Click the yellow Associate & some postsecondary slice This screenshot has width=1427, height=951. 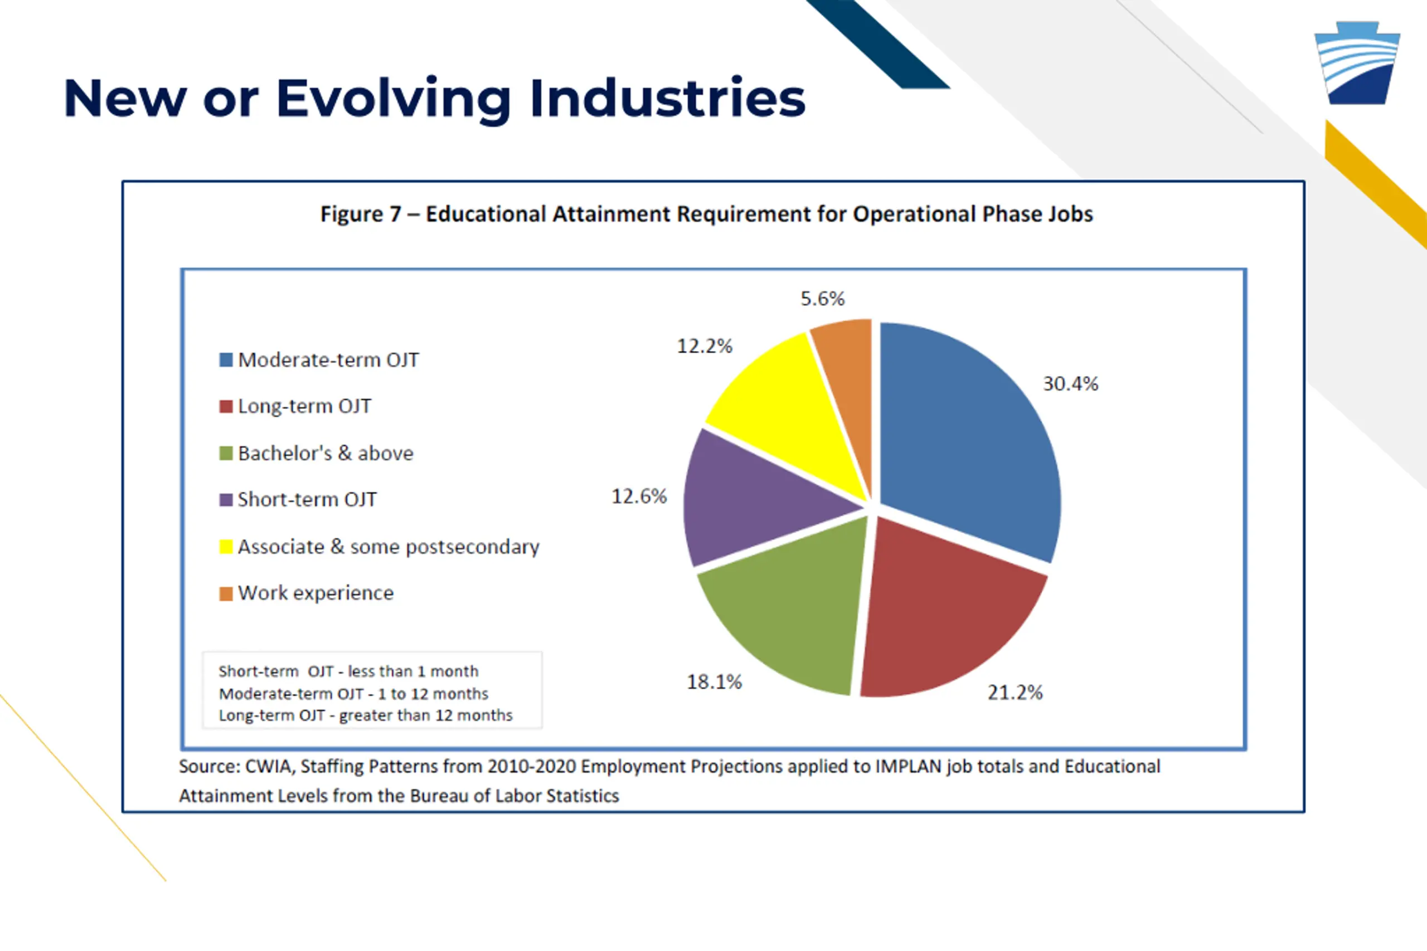(x=789, y=401)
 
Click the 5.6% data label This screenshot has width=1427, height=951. (x=822, y=299)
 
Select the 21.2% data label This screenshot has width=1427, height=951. (x=1015, y=692)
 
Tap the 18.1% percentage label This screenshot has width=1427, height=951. (x=714, y=682)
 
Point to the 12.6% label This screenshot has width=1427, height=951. (x=639, y=496)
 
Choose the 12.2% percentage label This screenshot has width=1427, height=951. (x=705, y=346)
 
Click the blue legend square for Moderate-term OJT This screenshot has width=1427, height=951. (x=226, y=360)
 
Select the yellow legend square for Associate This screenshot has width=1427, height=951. (x=226, y=547)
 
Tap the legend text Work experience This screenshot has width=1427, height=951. (x=316, y=593)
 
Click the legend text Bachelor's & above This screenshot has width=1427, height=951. (x=325, y=453)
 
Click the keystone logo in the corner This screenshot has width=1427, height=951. (x=1357, y=64)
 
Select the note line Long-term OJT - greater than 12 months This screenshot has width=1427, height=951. (x=365, y=715)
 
